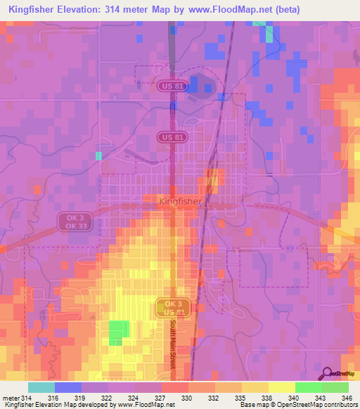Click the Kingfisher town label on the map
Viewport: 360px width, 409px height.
coord(181,201)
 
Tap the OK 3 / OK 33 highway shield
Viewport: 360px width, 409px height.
coord(71,222)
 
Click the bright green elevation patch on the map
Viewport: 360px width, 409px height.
coord(119,332)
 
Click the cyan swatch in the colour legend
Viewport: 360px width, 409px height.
coord(41,387)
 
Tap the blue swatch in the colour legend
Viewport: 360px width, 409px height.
coord(68,387)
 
